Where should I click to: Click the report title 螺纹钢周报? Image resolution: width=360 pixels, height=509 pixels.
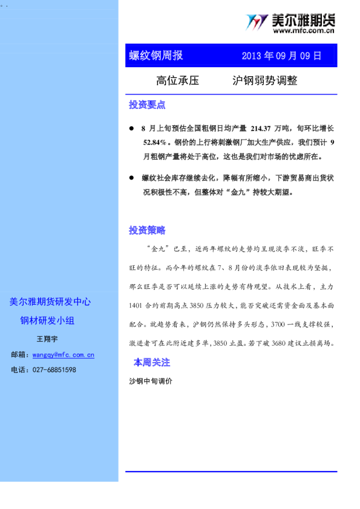[156, 56]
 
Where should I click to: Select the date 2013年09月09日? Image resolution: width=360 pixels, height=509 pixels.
[281, 56]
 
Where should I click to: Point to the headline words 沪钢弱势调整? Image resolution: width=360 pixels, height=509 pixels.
[264, 81]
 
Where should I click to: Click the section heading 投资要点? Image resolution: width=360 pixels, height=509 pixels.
[147, 105]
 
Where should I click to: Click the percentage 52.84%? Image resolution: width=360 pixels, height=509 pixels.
[155, 143]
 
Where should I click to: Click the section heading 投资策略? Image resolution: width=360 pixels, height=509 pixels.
[147, 230]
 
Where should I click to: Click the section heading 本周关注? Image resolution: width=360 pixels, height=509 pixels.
[152, 363]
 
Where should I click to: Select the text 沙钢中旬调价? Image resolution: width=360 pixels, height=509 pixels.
[151, 381]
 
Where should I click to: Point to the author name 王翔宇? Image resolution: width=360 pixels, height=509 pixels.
[47, 339]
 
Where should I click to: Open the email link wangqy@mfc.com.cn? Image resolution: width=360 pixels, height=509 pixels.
[64, 355]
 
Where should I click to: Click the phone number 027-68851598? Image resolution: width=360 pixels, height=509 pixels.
[54, 369]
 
